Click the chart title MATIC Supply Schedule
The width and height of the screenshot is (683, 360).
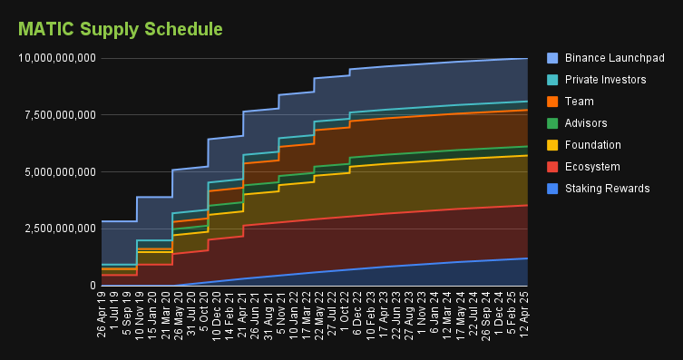tap(121, 29)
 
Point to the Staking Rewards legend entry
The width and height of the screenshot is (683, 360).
tap(607, 189)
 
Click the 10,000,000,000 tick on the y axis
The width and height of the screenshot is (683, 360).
tap(57, 59)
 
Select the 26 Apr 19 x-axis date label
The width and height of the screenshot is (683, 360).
tap(102, 313)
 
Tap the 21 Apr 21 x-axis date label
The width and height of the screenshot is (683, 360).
tap(243, 313)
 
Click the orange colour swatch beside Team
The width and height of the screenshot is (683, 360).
tap(553, 102)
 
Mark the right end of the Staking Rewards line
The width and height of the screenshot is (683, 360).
tap(528, 258)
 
